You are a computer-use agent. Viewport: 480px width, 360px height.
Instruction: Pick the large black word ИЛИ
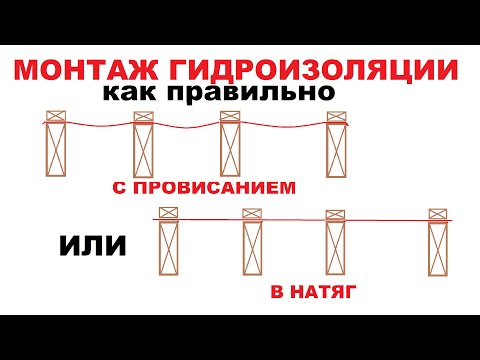tap(82, 244)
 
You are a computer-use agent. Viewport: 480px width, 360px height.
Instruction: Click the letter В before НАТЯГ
tap(276, 292)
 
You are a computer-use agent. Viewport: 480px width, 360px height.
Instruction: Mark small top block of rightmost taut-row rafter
tap(437, 213)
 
